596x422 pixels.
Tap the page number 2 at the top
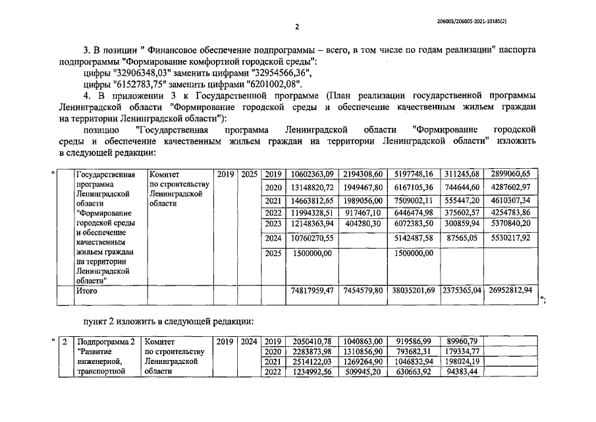click(298, 27)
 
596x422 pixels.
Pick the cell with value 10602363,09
click(312, 175)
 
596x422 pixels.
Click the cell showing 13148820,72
click(312, 187)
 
